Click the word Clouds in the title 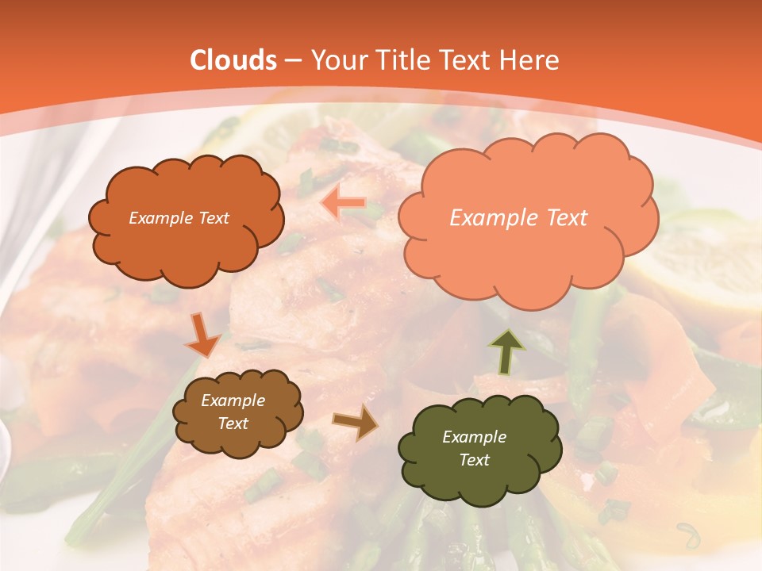coord(234,60)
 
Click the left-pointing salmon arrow coord(343,204)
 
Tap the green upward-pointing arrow coord(506,351)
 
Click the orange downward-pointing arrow coord(202,335)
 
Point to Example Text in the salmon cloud coord(518,218)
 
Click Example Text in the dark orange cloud coord(179,218)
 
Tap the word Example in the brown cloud coord(233,400)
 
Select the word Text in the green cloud coord(474,460)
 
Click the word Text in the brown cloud coord(233,423)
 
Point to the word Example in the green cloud coord(474,437)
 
